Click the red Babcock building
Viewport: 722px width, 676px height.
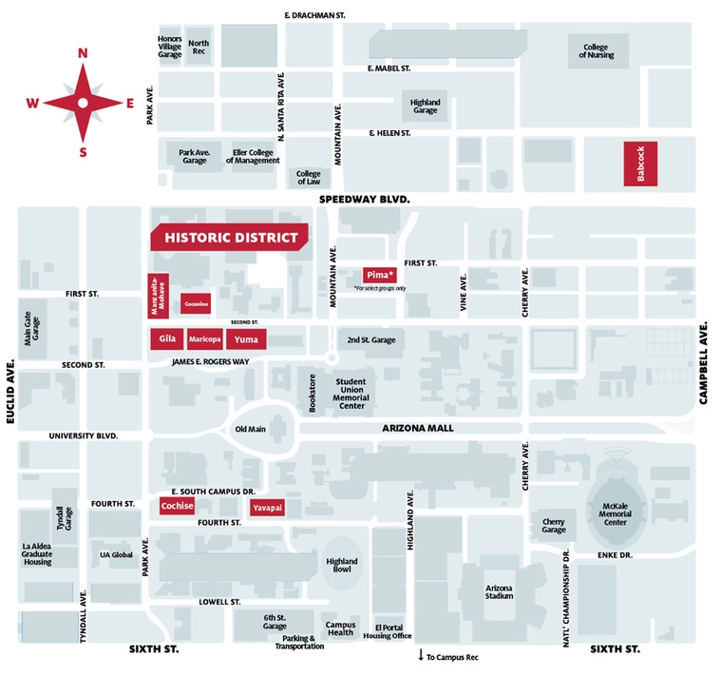click(x=640, y=164)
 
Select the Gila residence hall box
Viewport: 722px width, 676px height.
click(x=168, y=338)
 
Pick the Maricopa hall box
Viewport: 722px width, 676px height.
click(x=205, y=339)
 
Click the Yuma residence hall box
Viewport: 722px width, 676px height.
click(x=246, y=339)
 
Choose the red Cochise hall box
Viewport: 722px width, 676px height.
click(x=178, y=506)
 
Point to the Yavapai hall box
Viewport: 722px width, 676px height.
click(x=267, y=509)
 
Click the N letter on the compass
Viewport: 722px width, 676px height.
click(x=83, y=53)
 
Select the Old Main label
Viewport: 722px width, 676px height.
click(x=250, y=429)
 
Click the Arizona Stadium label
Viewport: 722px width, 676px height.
click(x=499, y=591)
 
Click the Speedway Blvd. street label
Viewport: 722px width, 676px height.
click(x=364, y=200)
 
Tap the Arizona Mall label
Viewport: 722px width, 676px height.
click(x=418, y=429)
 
